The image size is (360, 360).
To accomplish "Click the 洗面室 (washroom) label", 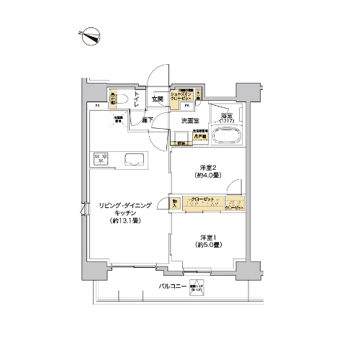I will tap(190, 120).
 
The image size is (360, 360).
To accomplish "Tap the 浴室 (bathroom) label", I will tap(227, 117).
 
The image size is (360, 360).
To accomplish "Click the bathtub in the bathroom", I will tap(228, 135).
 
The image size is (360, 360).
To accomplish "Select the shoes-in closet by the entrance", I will tap(181, 95).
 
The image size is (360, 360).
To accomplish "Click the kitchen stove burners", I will tap(100, 159).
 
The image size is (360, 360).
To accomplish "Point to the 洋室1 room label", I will tap(208, 238).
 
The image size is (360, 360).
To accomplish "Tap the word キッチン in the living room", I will tap(125, 214).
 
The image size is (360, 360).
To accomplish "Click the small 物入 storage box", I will tap(176, 204).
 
